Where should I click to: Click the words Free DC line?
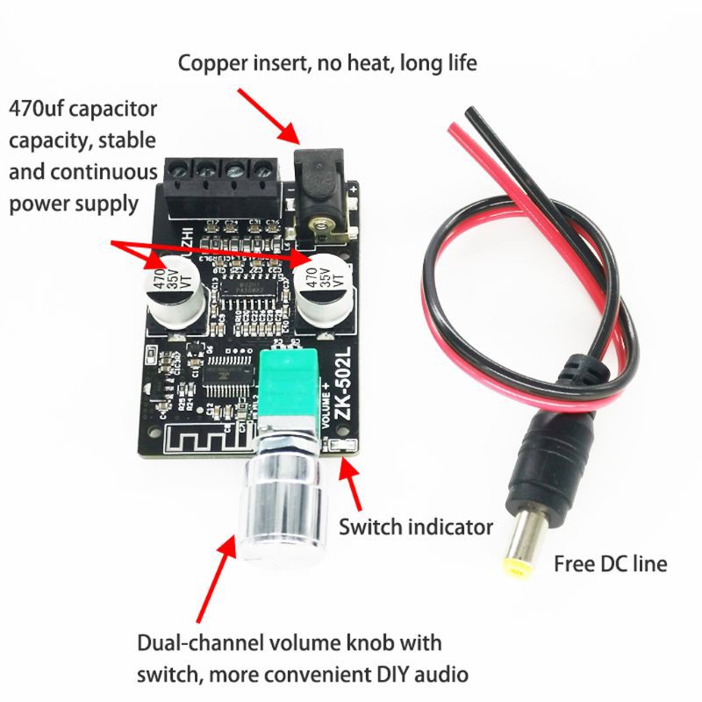click(x=610, y=563)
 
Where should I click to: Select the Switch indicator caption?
click(x=415, y=527)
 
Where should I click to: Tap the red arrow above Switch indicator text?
click(x=354, y=486)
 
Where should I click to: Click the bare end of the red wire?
click(x=453, y=130)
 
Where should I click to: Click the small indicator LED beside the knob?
click(x=344, y=449)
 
